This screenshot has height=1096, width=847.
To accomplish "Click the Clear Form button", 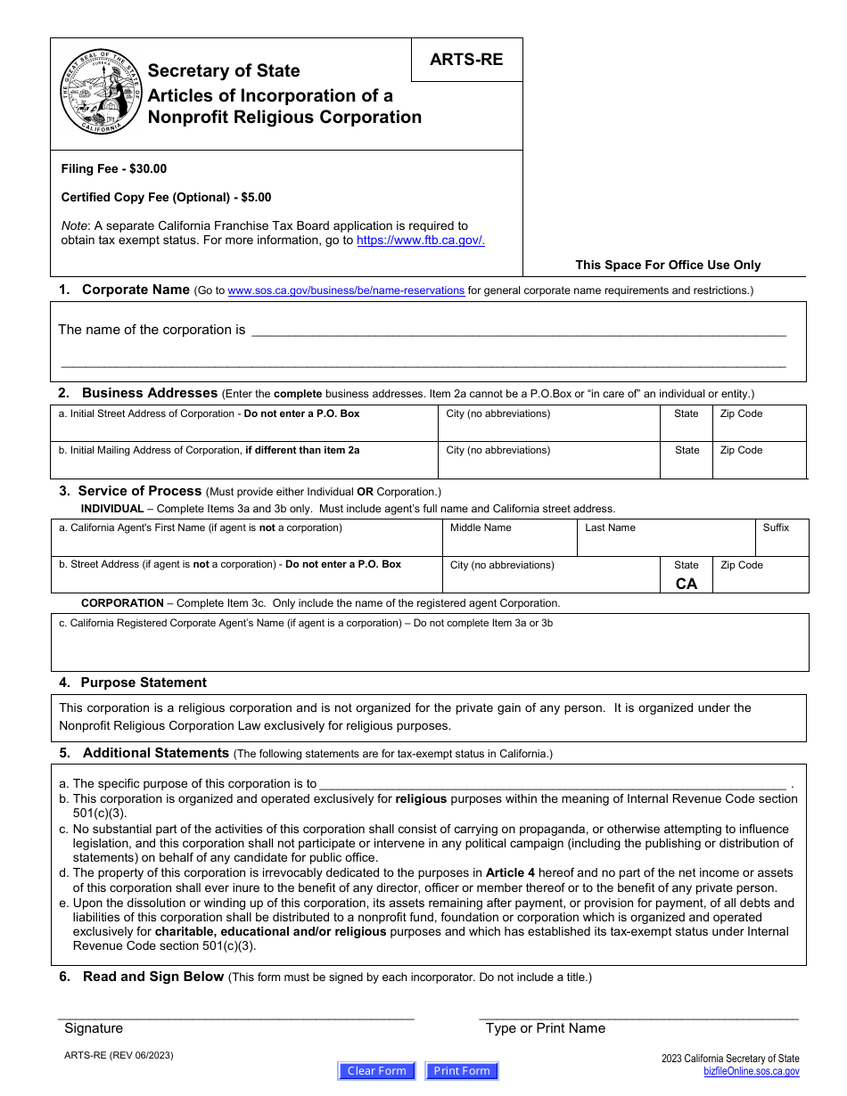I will tap(376, 1071).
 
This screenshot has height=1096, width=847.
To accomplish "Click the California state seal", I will tap(101, 93).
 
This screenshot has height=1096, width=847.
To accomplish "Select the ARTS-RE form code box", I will tap(466, 60).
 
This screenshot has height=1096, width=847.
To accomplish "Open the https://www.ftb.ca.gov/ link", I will tap(421, 241).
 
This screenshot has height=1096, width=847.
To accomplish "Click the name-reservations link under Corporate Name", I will tap(346, 290).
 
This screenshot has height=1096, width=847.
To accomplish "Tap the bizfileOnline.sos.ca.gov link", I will tap(751, 1072).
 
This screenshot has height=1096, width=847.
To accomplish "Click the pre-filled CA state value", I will tap(687, 584).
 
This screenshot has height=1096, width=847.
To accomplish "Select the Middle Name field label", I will tap(481, 528).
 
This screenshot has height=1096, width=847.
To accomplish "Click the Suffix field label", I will tap(776, 528).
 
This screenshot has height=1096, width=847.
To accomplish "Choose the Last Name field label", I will tap(610, 528).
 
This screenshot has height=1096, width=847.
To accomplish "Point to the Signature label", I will tap(94, 1028).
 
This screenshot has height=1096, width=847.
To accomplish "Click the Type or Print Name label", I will tap(545, 1028).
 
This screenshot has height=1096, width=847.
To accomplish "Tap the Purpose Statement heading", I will tap(143, 683).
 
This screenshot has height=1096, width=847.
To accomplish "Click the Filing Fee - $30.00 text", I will tap(113, 169).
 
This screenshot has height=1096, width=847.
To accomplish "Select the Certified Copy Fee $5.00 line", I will tap(166, 198).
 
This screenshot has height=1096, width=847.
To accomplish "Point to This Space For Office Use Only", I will tap(668, 265).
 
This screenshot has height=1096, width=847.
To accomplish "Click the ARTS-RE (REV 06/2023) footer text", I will tap(119, 1056).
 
